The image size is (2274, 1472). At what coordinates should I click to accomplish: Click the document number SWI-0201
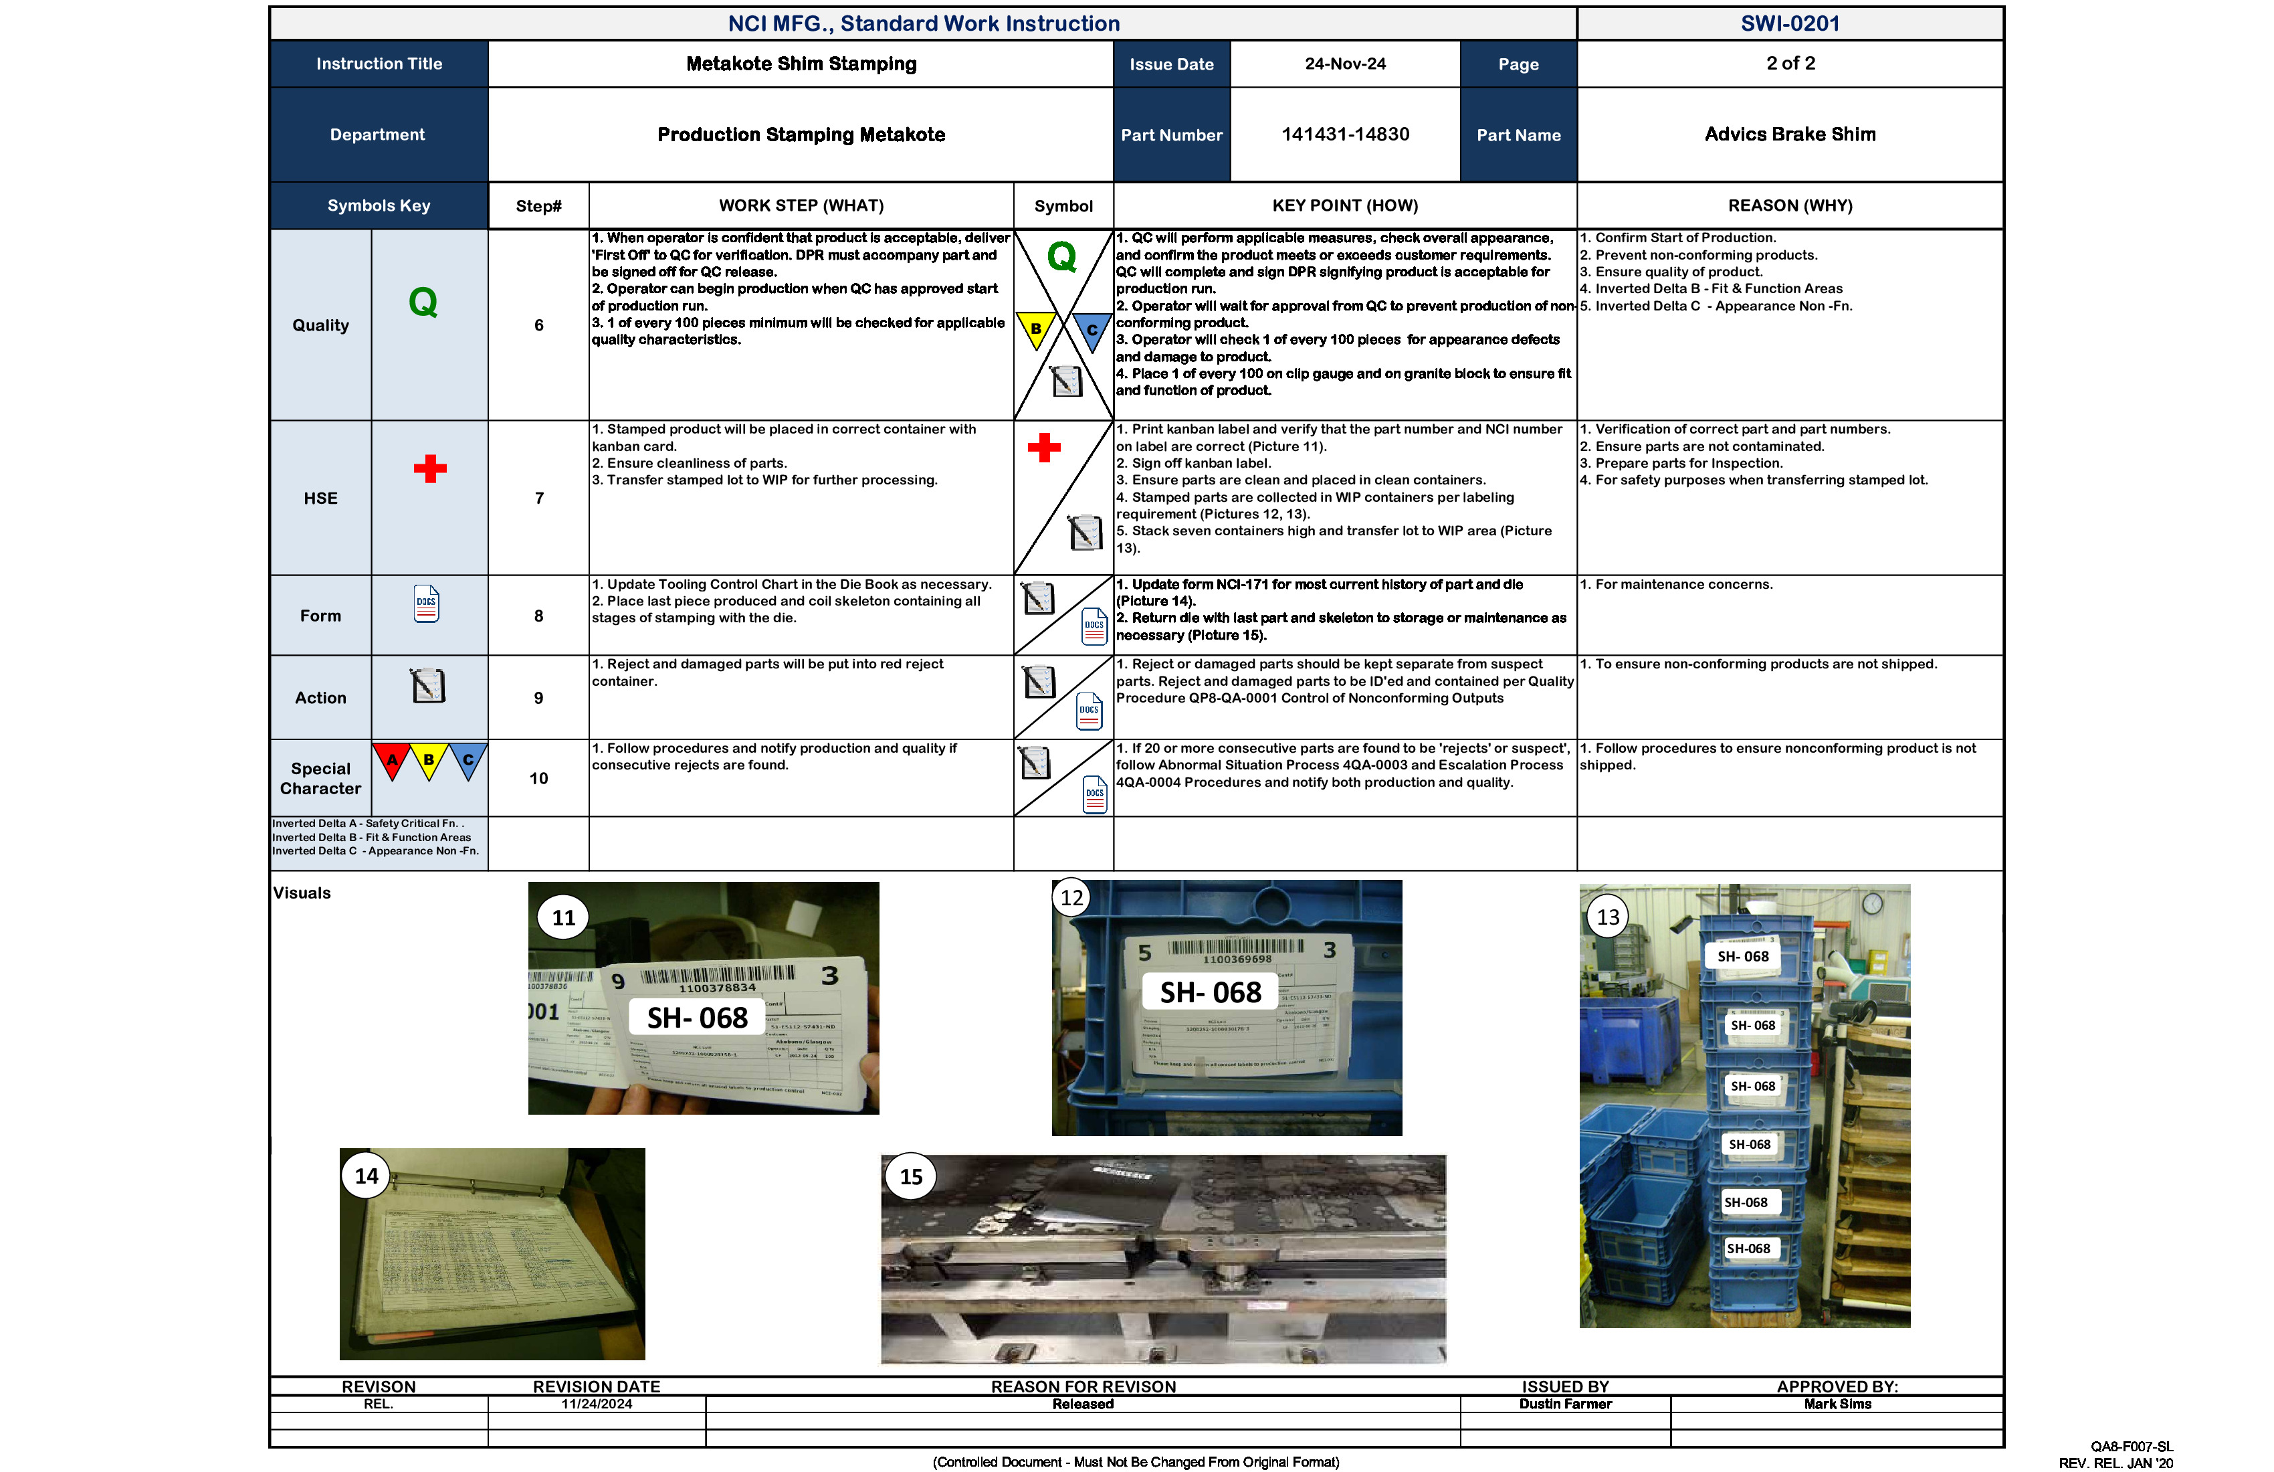1790,24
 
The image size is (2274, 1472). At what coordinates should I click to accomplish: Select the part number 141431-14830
1344,134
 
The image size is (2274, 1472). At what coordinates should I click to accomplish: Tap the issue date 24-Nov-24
1344,64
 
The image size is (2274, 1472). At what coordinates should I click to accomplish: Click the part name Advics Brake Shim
1790,134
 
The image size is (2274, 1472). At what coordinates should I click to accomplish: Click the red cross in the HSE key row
430,468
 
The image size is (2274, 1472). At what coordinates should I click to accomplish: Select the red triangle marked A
392,760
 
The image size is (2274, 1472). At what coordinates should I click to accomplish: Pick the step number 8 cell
539,616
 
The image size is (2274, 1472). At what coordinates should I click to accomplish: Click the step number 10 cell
539,779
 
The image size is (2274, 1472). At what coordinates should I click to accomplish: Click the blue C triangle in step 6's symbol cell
1091,331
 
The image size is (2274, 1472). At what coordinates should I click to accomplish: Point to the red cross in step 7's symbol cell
1044,448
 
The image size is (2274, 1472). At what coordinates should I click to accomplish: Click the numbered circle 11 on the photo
564,917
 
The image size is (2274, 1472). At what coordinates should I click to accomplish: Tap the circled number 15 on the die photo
912,1178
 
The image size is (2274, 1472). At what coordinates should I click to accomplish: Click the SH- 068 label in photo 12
1211,993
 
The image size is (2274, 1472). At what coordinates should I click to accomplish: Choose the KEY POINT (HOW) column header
1344,205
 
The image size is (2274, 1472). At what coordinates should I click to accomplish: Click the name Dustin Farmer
1565,1404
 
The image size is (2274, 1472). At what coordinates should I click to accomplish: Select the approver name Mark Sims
1837,1404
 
